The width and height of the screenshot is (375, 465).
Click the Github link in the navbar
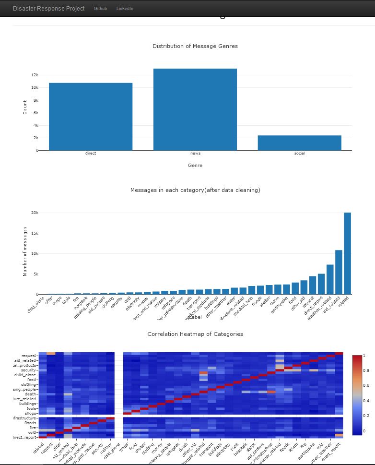[x=100, y=9]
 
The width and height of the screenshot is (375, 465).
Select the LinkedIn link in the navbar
[x=125, y=9]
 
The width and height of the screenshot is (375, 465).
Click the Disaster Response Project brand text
[x=48, y=9]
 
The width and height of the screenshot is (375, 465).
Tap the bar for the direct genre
[x=91, y=117]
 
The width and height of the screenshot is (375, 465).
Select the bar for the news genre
[x=195, y=109]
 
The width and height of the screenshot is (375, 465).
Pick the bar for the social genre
[x=300, y=143]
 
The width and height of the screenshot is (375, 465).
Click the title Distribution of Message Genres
[x=195, y=46]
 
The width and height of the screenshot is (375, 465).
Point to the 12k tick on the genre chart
[x=35, y=75]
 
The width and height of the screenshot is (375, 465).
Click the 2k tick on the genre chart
[x=35, y=138]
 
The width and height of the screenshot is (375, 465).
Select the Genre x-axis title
[x=195, y=166]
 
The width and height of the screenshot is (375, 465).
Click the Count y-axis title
[x=25, y=107]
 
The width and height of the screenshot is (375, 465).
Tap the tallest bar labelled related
[x=347, y=253]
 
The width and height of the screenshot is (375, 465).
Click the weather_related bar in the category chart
[x=330, y=279]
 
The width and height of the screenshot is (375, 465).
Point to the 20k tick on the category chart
[x=35, y=213]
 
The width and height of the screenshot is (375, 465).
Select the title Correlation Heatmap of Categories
[x=195, y=334]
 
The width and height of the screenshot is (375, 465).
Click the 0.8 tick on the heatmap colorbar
[x=367, y=370]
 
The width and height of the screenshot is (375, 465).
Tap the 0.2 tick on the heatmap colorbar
[x=367, y=416]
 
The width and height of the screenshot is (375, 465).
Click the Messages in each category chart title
[x=195, y=190]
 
